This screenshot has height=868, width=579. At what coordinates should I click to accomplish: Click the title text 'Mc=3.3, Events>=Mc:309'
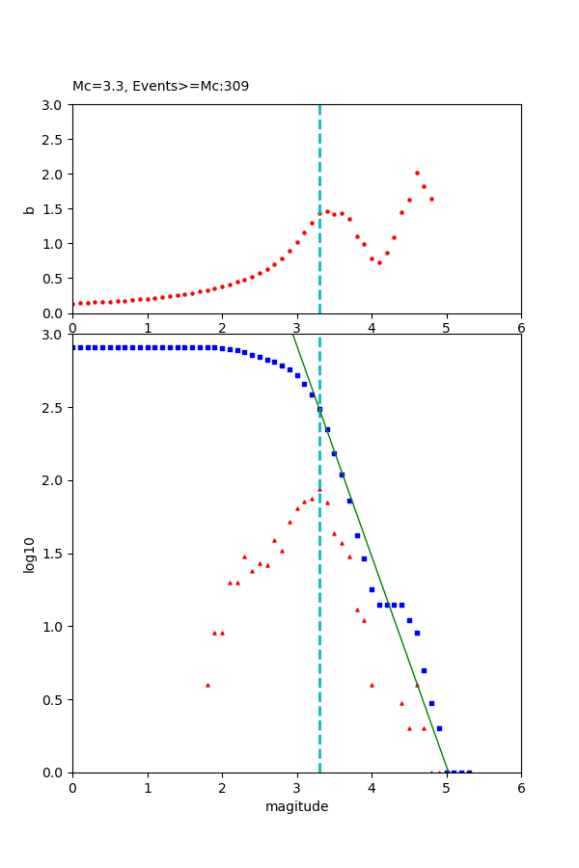tap(160, 87)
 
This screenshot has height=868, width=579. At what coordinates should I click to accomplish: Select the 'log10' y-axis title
tap(30, 555)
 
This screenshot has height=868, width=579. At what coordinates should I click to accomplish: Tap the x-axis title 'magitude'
tap(296, 806)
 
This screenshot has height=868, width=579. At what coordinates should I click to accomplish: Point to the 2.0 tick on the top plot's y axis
tap(55, 175)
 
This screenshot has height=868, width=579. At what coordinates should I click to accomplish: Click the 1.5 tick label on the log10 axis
tap(55, 554)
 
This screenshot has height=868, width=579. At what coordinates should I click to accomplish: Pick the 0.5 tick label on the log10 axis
tap(55, 700)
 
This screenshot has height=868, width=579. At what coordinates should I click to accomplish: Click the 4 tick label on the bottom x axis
tap(372, 788)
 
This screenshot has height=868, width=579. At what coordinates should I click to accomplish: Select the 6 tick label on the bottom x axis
tap(521, 788)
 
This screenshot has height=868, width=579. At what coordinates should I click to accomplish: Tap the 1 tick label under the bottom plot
tap(148, 788)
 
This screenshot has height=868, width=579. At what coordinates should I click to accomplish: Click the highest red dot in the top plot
tap(417, 174)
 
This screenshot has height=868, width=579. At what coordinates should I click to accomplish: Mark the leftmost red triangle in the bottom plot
tap(207, 685)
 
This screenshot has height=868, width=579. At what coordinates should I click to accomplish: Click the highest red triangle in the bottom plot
tap(319, 490)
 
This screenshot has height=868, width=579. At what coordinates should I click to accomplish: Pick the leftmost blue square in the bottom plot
tap(73, 347)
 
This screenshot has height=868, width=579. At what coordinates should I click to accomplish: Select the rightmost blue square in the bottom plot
tap(469, 772)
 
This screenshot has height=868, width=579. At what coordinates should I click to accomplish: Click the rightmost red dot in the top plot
tap(431, 199)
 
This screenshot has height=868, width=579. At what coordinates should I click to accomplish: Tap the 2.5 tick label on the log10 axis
tap(55, 408)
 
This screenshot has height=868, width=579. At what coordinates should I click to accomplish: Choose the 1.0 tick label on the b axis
tap(55, 244)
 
